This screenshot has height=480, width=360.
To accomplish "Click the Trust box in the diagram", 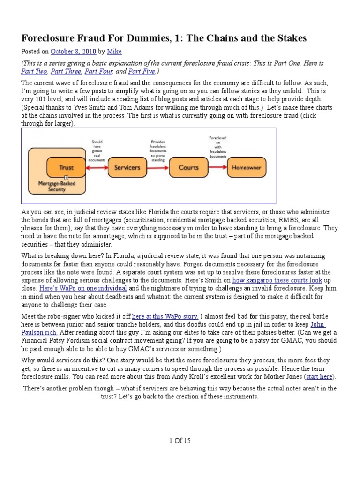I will pyautogui.click(x=66, y=167).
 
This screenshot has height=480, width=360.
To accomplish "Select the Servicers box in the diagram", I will pyautogui.click(x=127, y=167).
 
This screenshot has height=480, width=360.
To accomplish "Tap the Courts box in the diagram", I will pyautogui.click(x=188, y=167).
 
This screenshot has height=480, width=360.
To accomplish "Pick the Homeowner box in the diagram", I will pyautogui.click(x=247, y=167).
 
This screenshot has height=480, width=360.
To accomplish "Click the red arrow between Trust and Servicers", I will pyautogui.click(x=96, y=167).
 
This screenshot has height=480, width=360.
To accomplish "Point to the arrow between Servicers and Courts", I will pyautogui.click(x=157, y=167).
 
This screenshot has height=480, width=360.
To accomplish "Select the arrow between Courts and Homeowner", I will pyautogui.click(x=217, y=167).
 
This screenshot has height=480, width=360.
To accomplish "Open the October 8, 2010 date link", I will pyautogui.click(x=69, y=52).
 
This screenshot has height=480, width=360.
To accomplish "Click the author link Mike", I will pyautogui.click(x=113, y=52).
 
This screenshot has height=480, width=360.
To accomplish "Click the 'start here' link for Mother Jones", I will pyautogui.click(x=321, y=376).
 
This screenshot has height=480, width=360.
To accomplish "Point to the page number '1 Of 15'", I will pyautogui.click(x=180, y=441).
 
